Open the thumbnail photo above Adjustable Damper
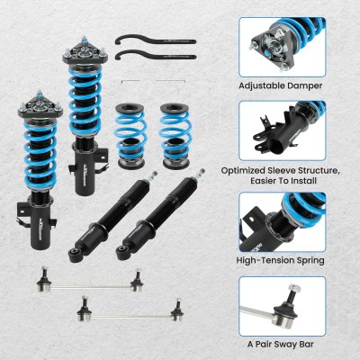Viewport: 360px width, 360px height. tap(282, 46)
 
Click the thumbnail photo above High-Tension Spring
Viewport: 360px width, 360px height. tap(282, 220)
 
